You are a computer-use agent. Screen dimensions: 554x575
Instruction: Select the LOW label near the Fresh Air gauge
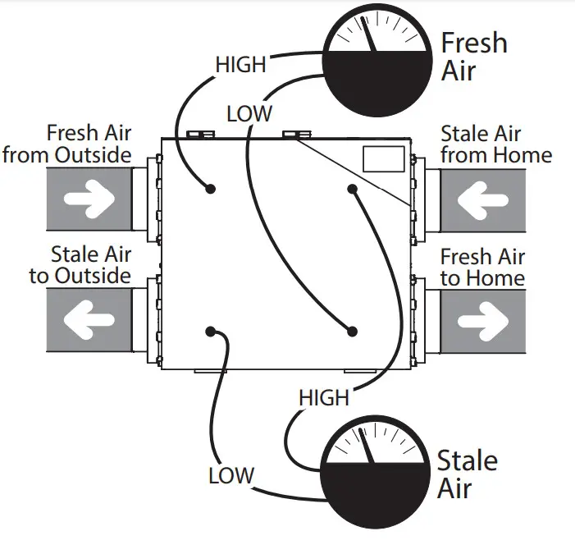pos(249,112)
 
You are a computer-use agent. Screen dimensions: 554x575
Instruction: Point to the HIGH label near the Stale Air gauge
pos(324,398)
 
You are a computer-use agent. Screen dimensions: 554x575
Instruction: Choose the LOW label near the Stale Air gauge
pos(231,475)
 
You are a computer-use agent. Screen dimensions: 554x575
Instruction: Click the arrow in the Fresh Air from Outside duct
pos(89,199)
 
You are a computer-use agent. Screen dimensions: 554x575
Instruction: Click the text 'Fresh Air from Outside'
pos(69,144)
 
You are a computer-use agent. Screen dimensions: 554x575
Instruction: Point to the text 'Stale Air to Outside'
pos(80,264)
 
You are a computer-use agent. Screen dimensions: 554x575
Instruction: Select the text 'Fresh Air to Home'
pos(482,267)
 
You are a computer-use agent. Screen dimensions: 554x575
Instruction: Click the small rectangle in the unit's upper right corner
pos(383,159)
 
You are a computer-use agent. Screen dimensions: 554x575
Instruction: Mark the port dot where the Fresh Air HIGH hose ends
pos(211,189)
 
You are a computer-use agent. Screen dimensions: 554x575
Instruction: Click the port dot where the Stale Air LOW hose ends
pos(211,331)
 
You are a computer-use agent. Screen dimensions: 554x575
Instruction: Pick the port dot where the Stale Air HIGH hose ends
pos(352,189)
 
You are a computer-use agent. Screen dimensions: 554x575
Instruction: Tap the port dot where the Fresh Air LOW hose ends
pos(352,331)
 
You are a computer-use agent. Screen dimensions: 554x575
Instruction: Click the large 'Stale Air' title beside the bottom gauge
pos(466,474)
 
